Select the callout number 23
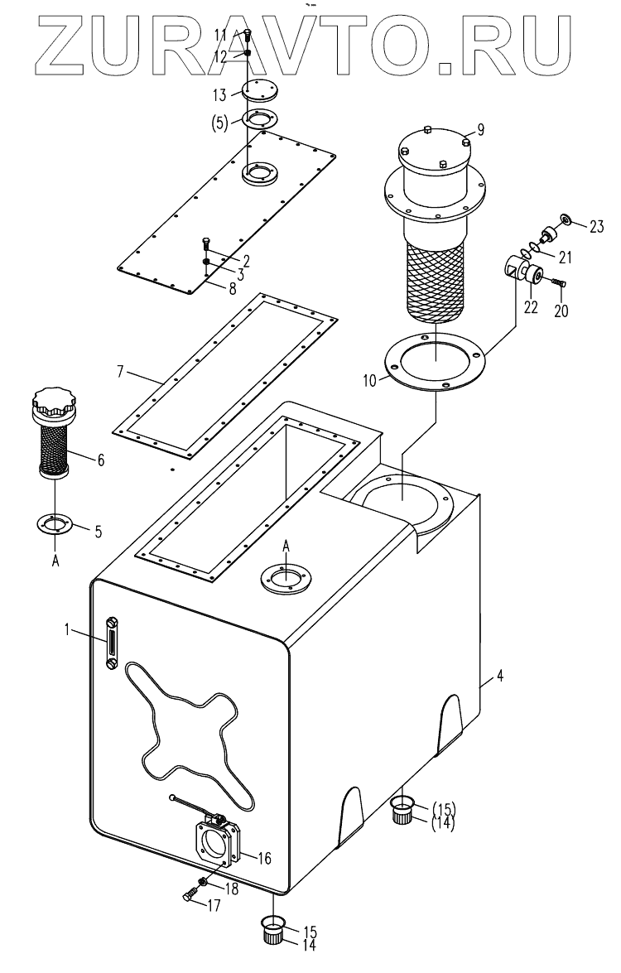(597, 225)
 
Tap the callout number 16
(265, 857)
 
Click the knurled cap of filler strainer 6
(54, 406)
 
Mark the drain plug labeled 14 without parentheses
(273, 937)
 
